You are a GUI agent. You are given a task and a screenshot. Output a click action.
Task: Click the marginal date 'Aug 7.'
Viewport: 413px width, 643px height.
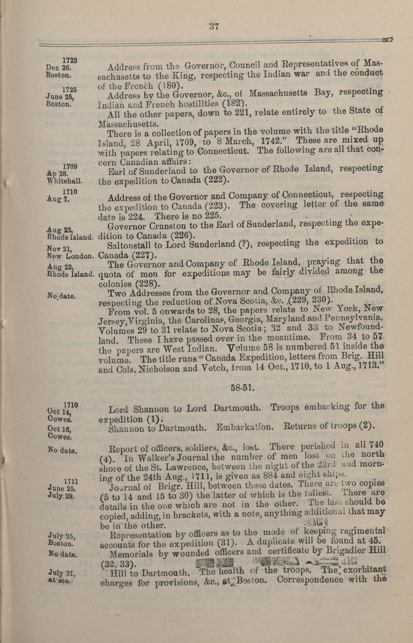click(x=59, y=199)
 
